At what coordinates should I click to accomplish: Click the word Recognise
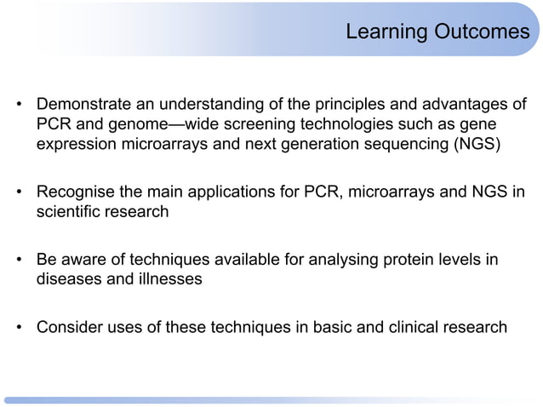tap(74, 192)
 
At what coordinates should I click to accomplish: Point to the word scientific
tap(68, 211)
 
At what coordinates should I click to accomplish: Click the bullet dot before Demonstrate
tap(19, 106)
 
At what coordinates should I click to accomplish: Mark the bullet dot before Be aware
tap(19, 261)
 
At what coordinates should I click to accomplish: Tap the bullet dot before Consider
tap(19, 328)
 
